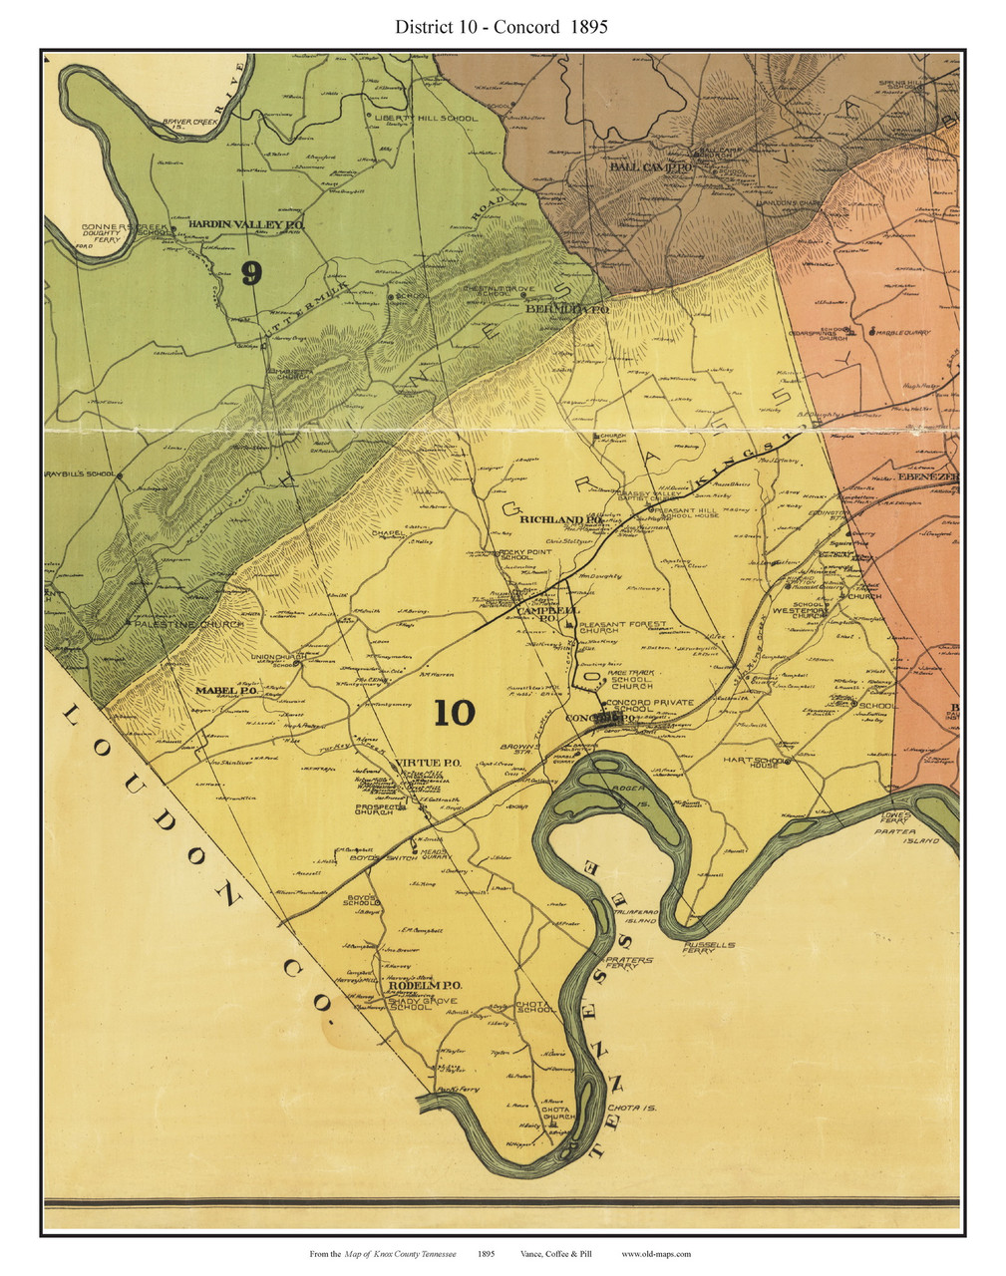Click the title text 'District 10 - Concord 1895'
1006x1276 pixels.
[502, 27]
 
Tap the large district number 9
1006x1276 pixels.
[251, 273]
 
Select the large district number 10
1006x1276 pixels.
[455, 712]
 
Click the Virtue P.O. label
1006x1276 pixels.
[428, 763]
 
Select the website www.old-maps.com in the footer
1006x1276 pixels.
[656, 1254]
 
